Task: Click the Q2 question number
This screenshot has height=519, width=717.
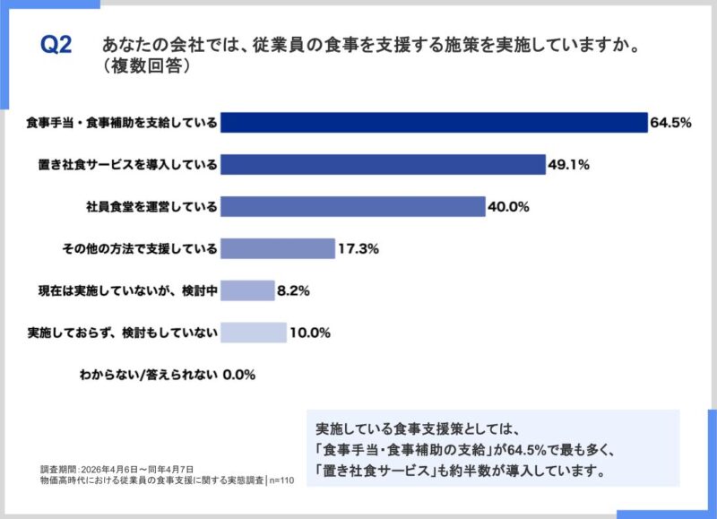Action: coord(56,45)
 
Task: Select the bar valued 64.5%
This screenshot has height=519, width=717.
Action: coord(434,123)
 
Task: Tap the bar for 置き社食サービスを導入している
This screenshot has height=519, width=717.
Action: coord(384,165)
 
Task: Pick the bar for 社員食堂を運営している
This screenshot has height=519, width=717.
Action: coord(353,207)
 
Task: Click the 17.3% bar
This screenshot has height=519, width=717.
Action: coord(278,249)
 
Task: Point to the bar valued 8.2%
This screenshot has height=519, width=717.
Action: coord(248,290)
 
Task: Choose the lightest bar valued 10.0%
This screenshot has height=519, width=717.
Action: coord(254,333)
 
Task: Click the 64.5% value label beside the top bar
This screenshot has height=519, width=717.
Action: coord(670,123)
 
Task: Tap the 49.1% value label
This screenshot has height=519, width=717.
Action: coord(569,165)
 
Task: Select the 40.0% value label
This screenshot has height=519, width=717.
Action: coord(508,207)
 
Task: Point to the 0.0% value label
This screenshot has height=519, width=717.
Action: coord(239,375)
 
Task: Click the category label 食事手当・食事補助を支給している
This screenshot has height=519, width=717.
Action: coord(122,123)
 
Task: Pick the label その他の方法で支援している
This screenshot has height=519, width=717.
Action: coord(140,249)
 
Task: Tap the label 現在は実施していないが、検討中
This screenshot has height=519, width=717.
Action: coord(127,290)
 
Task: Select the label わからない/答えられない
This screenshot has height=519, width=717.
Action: coord(148,375)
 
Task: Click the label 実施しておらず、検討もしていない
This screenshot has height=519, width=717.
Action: coord(122,333)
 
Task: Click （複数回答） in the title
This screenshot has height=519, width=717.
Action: coord(146,66)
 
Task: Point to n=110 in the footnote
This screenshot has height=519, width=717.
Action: coord(281,480)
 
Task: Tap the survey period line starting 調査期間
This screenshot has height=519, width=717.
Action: coord(117,470)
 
